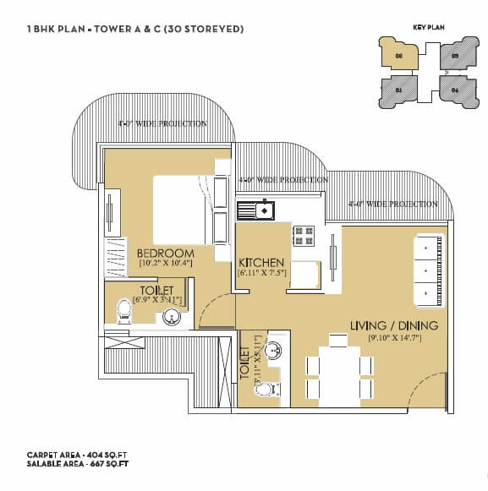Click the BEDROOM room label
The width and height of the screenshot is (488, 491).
(x=165, y=253)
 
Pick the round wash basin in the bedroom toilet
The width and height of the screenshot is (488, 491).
(x=172, y=318)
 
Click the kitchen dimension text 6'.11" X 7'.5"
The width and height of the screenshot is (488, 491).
(x=261, y=273)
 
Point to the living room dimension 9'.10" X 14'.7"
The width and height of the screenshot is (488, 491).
(x=394, y=338)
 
